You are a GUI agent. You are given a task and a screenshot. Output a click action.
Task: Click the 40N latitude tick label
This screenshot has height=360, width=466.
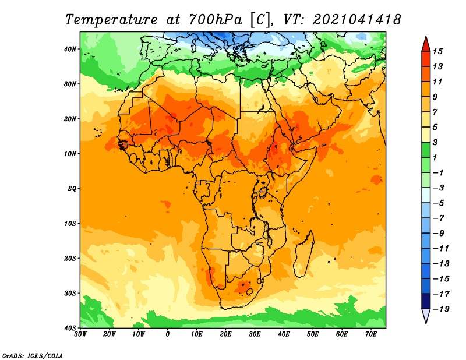70,49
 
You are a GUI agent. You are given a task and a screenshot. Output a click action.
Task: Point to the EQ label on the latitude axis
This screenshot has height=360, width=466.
72,189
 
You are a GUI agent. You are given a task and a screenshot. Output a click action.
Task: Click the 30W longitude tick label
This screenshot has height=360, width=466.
80,334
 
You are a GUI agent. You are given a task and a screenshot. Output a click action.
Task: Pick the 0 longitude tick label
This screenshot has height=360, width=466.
168,334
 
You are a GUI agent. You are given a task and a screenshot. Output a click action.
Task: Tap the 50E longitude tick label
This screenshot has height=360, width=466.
313,334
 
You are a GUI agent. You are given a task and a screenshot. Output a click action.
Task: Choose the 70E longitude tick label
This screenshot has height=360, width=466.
371,334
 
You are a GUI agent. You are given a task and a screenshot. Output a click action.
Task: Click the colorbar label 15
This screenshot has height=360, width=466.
437,51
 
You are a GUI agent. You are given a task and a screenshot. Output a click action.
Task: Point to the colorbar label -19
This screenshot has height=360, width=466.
441,309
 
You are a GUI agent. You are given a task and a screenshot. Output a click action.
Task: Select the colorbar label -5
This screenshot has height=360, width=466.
439,203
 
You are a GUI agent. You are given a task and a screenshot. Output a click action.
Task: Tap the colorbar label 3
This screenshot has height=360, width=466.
435,142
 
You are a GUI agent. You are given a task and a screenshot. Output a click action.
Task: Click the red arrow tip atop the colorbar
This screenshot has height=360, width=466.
426,37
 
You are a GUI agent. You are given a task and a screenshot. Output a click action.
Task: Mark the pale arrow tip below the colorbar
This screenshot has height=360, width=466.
426,323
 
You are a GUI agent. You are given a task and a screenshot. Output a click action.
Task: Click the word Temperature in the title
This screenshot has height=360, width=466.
111,20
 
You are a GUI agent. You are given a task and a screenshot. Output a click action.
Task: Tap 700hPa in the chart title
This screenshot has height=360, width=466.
215,20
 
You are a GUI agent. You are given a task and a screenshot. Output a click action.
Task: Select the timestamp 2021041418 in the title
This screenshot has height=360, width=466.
356,20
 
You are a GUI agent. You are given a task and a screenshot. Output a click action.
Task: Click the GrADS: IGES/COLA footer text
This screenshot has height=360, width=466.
33,355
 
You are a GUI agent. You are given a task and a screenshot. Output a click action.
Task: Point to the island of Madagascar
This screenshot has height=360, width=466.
303,253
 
